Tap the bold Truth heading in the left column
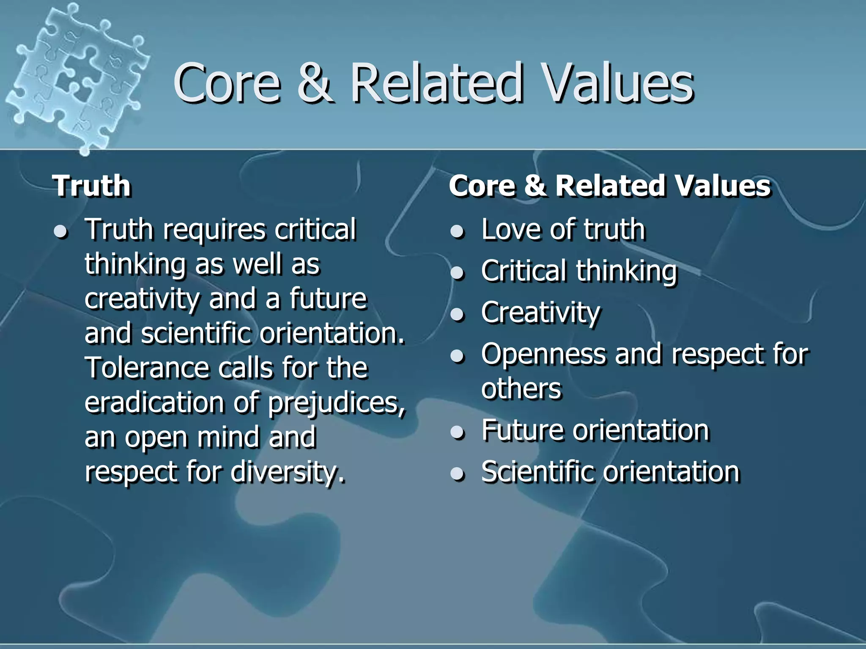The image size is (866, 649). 91,186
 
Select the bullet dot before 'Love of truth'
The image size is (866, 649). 458,231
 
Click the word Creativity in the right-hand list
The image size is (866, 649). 540,313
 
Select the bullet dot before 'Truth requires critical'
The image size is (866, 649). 62,232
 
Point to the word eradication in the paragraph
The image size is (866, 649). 154,403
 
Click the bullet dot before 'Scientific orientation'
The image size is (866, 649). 458,474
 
